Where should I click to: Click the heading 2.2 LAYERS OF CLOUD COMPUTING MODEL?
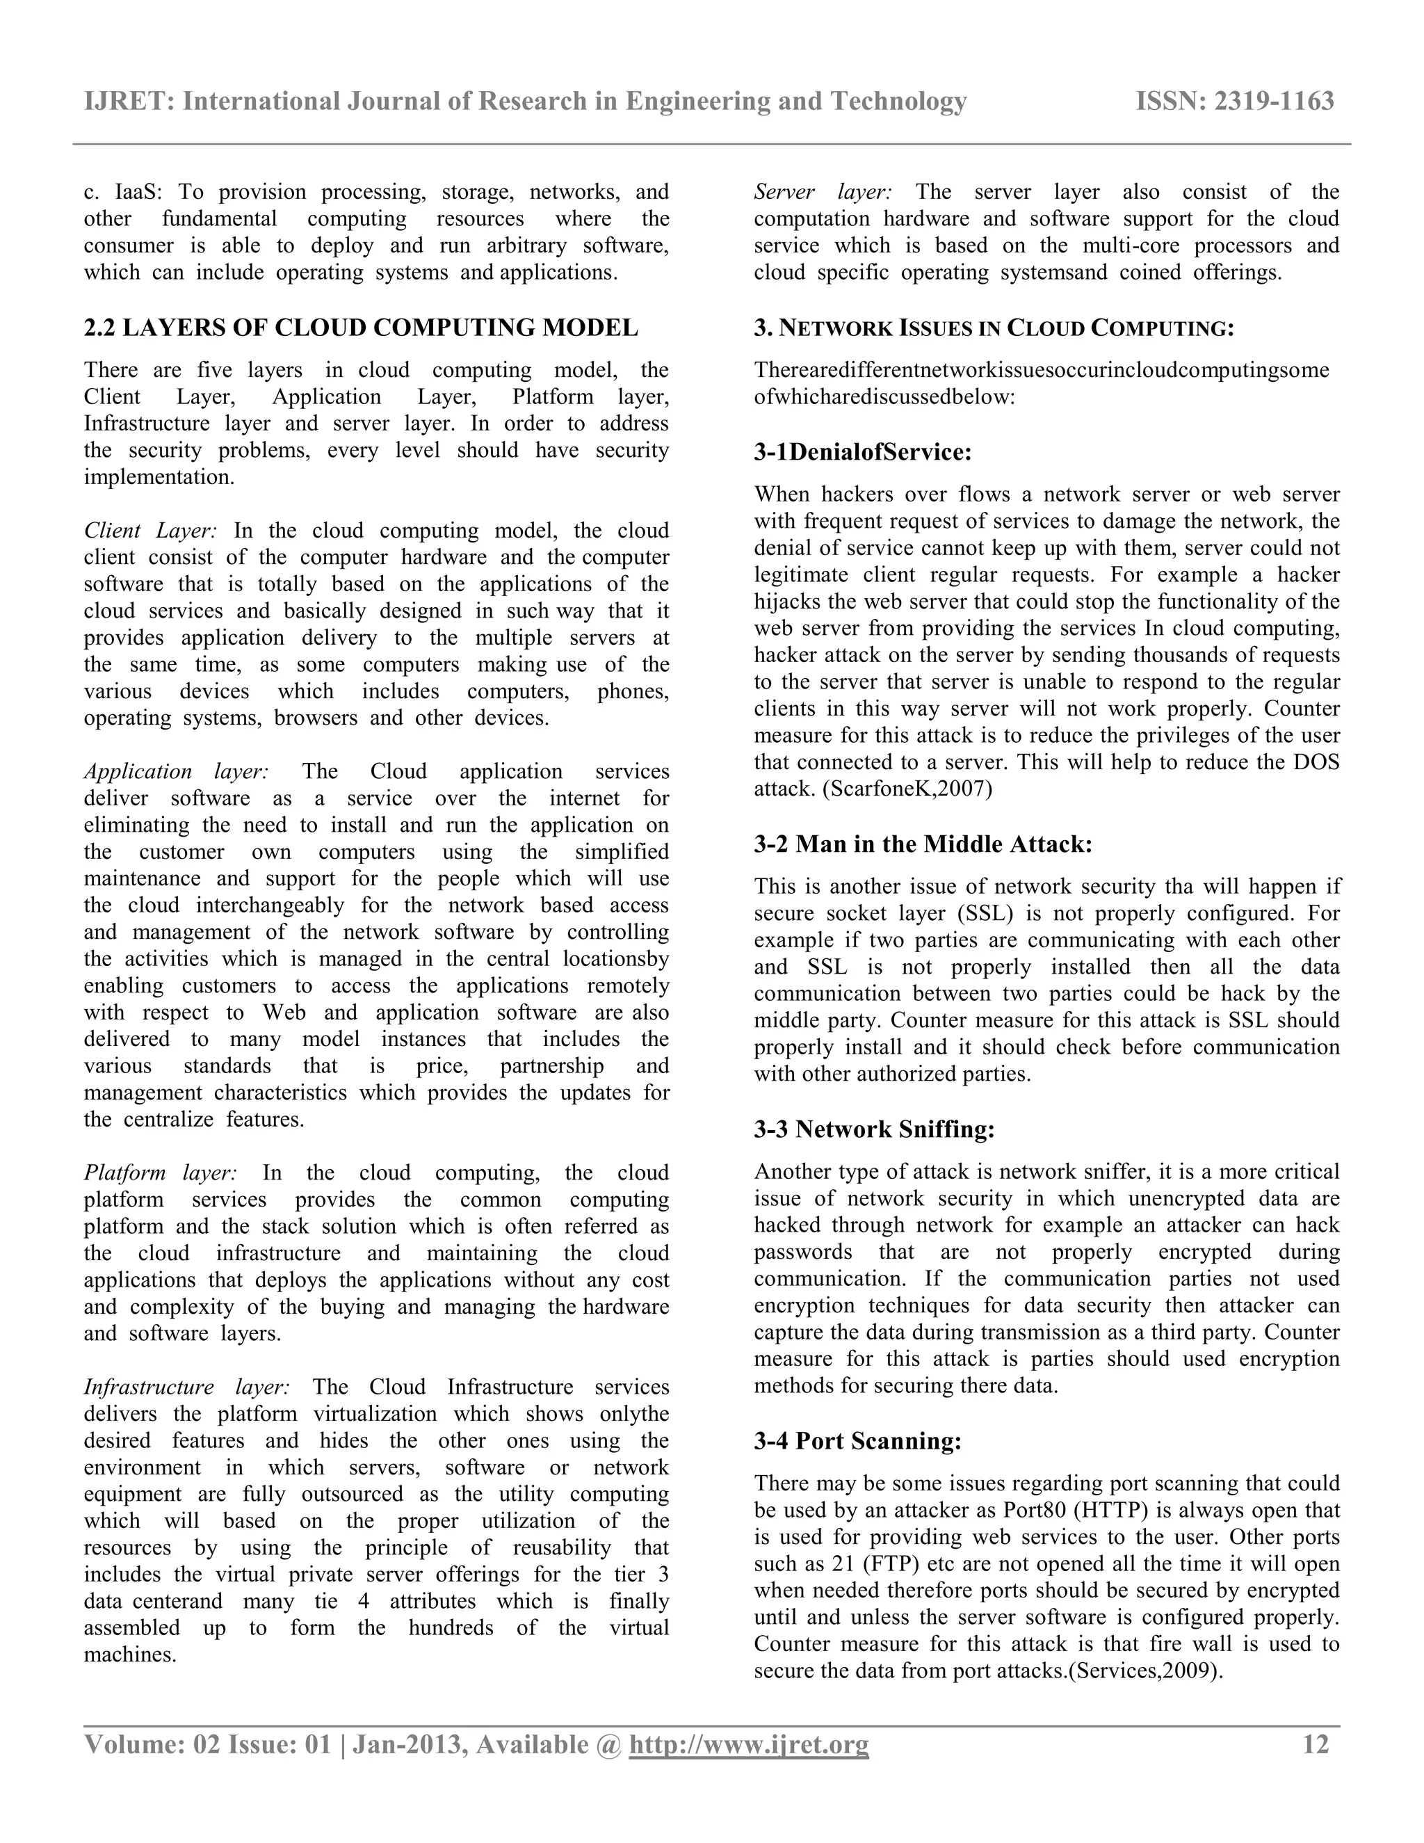click(x=360, y=328)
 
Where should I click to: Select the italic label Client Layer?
click(x=150, y=531)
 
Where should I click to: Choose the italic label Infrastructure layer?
click(x=186, y=1387)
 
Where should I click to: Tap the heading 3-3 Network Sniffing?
click(x=874, y=1129)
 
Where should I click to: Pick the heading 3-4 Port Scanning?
click(x=857, y=1440)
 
